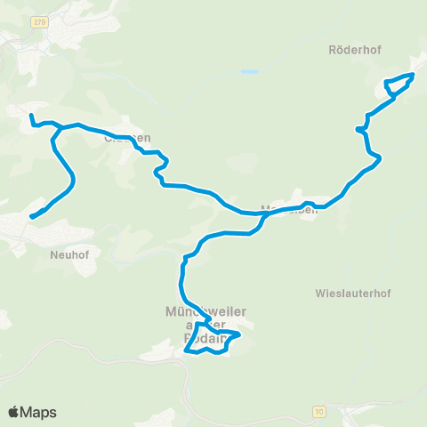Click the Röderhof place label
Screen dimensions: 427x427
pos(354,51)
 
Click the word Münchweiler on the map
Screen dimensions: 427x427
pos(205,310)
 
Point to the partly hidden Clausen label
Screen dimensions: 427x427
pos(127,138)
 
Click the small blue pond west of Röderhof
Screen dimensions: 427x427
pos(250,71)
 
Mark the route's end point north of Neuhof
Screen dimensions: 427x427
pos(32,216)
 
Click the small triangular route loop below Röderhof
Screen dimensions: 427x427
pos(399,85)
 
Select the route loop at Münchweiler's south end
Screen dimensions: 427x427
pos(213,342)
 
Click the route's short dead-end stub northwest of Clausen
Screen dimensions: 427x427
pos(31,117)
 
